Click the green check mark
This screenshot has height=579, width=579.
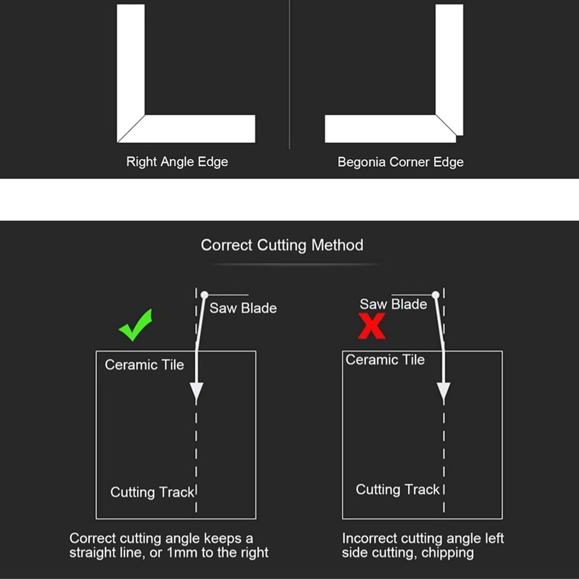135,325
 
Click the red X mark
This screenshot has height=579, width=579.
372,325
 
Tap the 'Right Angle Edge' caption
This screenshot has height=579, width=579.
177,162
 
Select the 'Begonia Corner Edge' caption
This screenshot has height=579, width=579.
400,162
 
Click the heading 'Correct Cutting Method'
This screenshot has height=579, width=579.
282,245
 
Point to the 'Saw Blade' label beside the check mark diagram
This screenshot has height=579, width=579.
243,308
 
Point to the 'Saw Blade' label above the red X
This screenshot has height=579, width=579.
393,304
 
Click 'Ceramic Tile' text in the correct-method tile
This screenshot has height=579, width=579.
144,364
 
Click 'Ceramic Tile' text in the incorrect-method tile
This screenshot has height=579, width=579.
385,360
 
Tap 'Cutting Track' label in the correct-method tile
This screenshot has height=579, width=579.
152,492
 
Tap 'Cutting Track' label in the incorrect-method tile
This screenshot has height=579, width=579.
398,489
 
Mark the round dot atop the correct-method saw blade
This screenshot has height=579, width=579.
204,295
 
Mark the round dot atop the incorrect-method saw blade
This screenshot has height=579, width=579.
436,295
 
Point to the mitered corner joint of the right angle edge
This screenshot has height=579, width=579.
131,129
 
